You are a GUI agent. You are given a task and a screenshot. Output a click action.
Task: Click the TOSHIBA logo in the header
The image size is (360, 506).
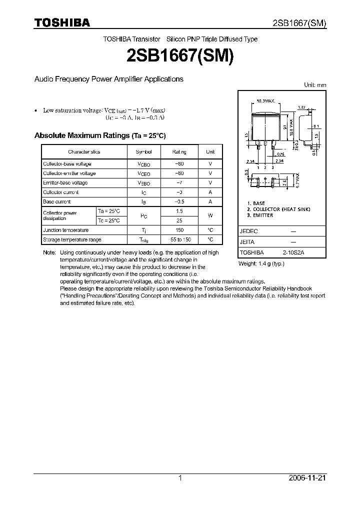62,22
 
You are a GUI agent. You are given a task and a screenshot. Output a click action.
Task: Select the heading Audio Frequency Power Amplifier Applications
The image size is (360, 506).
108,79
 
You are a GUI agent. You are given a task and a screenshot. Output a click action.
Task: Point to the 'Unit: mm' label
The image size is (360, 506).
315,85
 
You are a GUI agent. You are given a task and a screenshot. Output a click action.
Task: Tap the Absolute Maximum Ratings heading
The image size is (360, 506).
99,135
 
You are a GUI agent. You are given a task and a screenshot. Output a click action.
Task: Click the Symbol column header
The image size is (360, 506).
143,152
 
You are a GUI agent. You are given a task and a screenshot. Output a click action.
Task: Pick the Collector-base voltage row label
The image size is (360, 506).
67,164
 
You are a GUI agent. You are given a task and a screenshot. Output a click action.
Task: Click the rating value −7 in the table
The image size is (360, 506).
179,183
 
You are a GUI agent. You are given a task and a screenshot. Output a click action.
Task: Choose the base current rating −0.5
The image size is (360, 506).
179,202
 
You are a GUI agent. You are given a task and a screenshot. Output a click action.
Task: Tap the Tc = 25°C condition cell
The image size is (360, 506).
109,220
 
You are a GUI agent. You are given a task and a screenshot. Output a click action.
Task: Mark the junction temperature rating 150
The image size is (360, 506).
179,230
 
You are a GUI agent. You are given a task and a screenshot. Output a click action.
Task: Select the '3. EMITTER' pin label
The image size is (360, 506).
260,215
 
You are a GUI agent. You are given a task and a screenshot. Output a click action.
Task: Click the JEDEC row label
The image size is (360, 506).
249,232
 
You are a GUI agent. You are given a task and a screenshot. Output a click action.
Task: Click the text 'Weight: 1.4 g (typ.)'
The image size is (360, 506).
261,263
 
